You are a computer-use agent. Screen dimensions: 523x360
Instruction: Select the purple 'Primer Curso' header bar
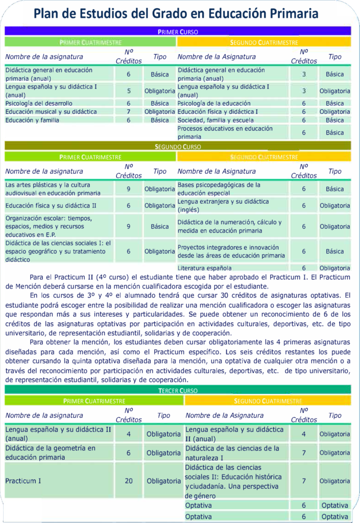point(178,32)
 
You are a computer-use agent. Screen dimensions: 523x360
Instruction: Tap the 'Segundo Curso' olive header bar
point(178,147)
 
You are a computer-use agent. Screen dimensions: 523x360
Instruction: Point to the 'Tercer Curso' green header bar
point(178,390)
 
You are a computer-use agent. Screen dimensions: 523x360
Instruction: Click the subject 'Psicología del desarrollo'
point(39,103)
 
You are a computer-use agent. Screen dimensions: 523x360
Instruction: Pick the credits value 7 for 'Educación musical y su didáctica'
point(129,112)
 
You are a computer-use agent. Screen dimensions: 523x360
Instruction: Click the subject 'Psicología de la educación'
point(213,103)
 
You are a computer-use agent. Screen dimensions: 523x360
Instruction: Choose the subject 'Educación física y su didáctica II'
point(51,205)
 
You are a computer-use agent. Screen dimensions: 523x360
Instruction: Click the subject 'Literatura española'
point(204,268)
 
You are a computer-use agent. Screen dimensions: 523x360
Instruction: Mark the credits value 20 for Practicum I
point(129,481)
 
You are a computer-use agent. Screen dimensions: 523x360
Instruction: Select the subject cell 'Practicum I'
point(23,481)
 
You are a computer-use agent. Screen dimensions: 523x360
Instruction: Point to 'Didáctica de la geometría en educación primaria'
point(51,453)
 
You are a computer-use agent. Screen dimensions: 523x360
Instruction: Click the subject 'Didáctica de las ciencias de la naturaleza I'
point(232,453)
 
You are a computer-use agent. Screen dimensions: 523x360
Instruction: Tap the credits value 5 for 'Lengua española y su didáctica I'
point(129,91)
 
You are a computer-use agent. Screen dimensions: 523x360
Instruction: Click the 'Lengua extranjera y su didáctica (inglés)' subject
point(223,206)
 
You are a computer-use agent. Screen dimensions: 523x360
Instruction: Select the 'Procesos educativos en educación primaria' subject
point(225,133)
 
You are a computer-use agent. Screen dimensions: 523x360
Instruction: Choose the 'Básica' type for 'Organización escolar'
point(160,226)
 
